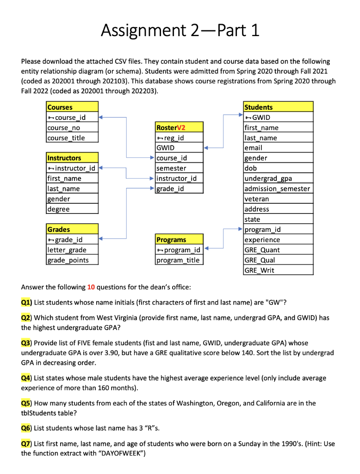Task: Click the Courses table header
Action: coord(60,107)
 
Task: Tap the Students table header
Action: coord(259,107)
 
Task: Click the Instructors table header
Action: coord(64,158)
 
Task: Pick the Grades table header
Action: coord(59,229)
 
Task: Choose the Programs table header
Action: coord(171,240)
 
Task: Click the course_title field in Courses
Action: coord(66,138)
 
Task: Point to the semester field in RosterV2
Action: coord(172,168)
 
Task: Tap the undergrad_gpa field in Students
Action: coord(268,179)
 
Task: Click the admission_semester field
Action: coord(277,189)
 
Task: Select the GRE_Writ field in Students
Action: coord(260,270)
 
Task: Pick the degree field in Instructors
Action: coord(58,209)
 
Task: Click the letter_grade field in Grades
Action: coord(67,250)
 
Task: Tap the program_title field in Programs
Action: coord(178,260)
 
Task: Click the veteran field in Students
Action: coord(257,199)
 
